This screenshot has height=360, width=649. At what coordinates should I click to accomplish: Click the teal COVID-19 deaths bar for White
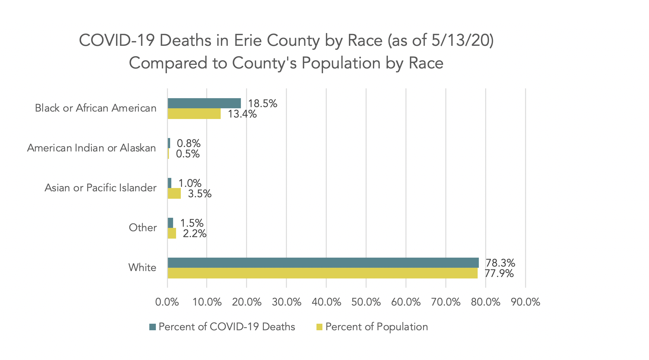(323, 263)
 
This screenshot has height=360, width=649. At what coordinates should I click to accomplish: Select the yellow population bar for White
(322, 273)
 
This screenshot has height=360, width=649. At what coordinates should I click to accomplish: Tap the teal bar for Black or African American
(204, 103)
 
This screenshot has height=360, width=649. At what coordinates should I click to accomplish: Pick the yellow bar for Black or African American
(194, 114)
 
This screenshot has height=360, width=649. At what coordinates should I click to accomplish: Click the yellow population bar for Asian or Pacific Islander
(174, 194)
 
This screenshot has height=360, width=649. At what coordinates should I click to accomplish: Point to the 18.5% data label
(263, 104)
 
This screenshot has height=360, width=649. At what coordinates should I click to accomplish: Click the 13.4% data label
(242, 114)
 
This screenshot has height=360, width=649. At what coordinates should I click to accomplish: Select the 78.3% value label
(500, 263)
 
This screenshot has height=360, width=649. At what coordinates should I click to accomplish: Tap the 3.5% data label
(200, 194)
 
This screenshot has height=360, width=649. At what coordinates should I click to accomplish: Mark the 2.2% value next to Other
(195, 234)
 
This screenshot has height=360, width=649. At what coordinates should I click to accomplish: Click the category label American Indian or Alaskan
(92, 148)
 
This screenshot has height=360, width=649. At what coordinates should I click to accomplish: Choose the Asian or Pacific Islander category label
(101, 188)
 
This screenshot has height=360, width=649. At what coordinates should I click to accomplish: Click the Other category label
(143, 228)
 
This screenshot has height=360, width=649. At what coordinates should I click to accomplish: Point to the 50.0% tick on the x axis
(366, 302)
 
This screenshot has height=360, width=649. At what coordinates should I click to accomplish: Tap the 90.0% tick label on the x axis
(525, 302)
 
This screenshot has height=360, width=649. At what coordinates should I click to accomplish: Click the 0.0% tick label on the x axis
(167, 302)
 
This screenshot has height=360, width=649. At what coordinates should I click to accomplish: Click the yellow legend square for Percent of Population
(319, 327)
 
